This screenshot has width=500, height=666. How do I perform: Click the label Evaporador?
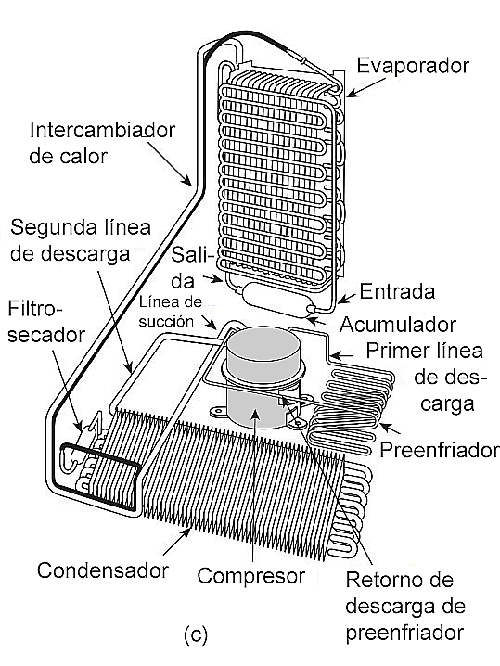[413, 66]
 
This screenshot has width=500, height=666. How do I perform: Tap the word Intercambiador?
[102, 130]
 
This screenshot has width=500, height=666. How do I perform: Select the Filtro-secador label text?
[45, 322]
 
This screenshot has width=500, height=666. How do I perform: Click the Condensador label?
[103, 570]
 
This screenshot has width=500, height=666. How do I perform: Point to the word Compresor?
[251, 576]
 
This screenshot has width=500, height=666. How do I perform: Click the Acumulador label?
[398, 325]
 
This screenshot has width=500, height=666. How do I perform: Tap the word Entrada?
[397, 292]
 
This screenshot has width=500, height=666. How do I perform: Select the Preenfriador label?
[440, 450]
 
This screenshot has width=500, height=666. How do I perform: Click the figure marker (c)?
[196, 634]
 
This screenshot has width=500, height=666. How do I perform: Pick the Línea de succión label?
[170, 313]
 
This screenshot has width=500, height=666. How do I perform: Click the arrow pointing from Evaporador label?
[367, 86]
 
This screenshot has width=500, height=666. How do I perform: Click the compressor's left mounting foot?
[218, 411]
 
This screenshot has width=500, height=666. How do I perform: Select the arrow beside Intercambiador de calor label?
[170, 163]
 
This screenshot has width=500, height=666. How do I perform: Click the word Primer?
[393, 352]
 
